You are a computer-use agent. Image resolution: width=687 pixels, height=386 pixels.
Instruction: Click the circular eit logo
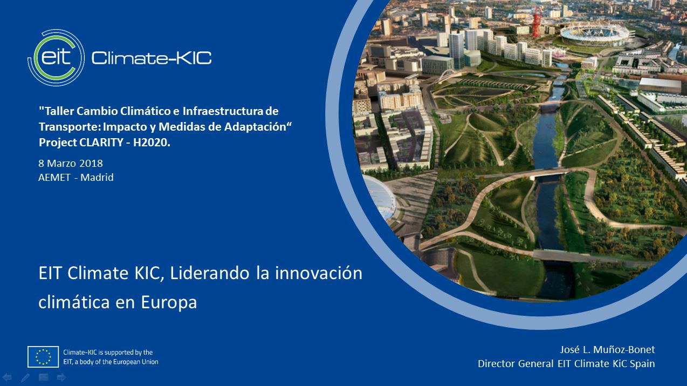tap(56, 58)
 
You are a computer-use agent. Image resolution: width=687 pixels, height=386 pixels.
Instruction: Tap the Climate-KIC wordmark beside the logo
tap(152, 58)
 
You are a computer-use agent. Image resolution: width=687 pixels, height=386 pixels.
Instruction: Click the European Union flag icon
tap(43, 357)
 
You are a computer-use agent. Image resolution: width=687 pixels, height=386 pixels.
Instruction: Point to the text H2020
tap(152, 143)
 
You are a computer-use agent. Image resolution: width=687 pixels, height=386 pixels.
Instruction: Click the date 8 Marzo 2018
tap(71, 164)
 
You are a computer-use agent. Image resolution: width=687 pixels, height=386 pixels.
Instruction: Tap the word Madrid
tap(97, 178)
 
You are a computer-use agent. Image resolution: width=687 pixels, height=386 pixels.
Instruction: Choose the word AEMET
tap(54, 178)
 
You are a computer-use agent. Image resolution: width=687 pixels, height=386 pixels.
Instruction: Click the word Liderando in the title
tap(210, 273)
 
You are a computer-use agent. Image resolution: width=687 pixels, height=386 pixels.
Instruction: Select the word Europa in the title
tap(169, 302)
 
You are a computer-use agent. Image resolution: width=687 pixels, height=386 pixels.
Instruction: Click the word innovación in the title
tap(319, 273)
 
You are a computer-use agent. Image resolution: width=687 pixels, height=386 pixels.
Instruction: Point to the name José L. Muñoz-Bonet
tap(607, 349)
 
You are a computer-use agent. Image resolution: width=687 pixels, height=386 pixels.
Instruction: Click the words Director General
tap(516, 363)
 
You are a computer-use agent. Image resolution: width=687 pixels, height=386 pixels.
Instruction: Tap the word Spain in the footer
tap(642, 364)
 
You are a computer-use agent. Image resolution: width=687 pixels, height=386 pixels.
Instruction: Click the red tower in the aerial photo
tap(537, 22)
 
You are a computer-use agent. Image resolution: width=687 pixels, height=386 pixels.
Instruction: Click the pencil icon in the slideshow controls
tap(25, 377)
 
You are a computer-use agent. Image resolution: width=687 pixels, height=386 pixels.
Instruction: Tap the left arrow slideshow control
tap(7, 377)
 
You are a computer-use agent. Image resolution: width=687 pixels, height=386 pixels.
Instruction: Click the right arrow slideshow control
tap(61, 377)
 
